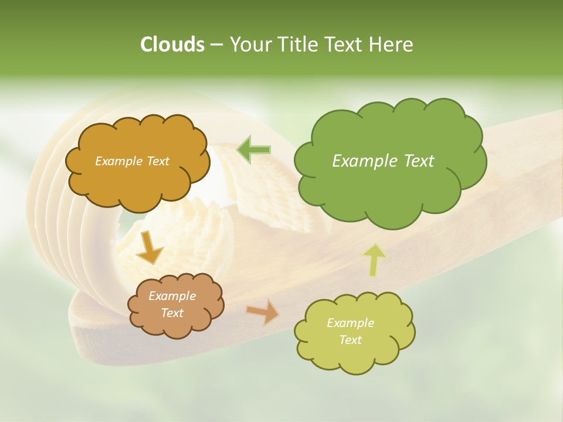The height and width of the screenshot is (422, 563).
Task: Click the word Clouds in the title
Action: pos(172,45)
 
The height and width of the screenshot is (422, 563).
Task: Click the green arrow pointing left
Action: pos(253,149)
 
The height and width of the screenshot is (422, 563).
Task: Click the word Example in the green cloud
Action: pos(364,161)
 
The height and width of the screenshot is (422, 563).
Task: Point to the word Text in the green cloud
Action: pos(419,161)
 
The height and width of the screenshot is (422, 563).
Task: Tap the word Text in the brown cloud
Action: pos(172,313)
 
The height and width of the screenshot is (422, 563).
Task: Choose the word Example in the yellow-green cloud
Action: pos(350,323)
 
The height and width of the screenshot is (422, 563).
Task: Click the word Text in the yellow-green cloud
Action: pos(350,340)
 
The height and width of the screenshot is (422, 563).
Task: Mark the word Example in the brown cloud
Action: pos(172,296)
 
